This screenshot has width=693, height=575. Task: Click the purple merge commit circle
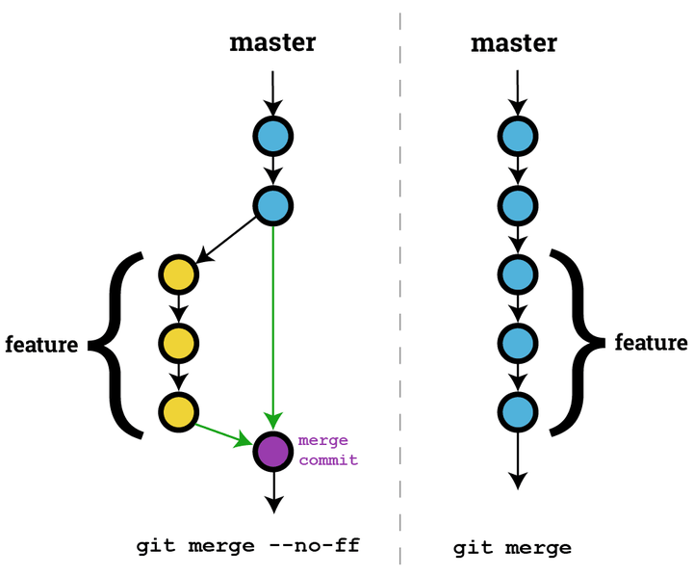272,451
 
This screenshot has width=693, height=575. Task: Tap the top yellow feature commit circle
178,274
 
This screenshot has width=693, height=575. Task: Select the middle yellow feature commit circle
178,342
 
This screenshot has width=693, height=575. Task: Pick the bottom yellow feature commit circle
178,411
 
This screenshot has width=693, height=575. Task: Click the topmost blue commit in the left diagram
272,136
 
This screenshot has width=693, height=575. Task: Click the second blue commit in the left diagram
272,204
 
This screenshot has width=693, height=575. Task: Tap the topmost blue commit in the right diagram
518,136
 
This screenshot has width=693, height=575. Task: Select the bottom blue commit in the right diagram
518,411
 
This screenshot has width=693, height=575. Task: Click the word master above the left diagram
272,43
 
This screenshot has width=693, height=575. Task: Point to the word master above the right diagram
514,43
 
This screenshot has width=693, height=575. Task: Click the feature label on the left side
41,344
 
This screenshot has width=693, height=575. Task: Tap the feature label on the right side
652,343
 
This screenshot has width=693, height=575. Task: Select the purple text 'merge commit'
327,450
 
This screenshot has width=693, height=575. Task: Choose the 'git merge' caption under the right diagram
512,548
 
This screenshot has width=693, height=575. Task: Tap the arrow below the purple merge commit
273,492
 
